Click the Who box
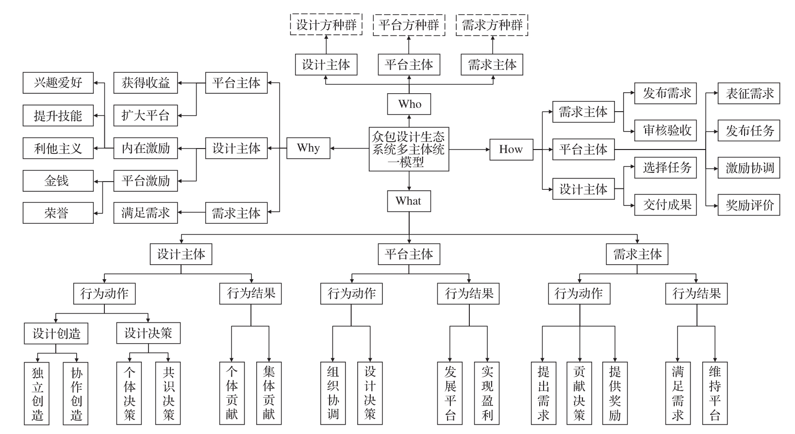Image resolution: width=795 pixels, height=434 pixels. point(409,104)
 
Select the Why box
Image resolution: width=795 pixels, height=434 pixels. point(308,148)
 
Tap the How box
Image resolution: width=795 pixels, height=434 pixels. point(511,150)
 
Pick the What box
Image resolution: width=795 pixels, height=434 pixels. point(409,201)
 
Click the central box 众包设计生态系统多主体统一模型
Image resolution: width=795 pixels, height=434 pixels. point(409,149)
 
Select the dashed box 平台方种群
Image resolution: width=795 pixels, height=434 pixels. point(409,25)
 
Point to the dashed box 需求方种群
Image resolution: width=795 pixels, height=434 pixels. point(492,25)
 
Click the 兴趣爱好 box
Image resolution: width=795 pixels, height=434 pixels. point(58,83)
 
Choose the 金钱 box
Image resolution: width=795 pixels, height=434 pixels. point(58,181)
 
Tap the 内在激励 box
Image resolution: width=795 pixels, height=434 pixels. point(146,148)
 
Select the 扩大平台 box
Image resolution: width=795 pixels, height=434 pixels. point(146,116)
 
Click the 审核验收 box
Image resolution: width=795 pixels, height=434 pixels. point(665,130)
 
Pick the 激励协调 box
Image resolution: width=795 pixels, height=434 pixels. point(749,168)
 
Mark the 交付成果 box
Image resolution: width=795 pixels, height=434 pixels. point(665,204)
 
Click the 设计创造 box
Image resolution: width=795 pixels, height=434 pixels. point(56,334)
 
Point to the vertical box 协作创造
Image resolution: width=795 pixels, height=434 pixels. point(77,393)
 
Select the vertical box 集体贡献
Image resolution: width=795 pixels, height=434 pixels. point(269,393)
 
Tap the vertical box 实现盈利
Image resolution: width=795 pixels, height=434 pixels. point(487,393)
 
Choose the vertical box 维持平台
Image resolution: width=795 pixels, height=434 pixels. point(715,393)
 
